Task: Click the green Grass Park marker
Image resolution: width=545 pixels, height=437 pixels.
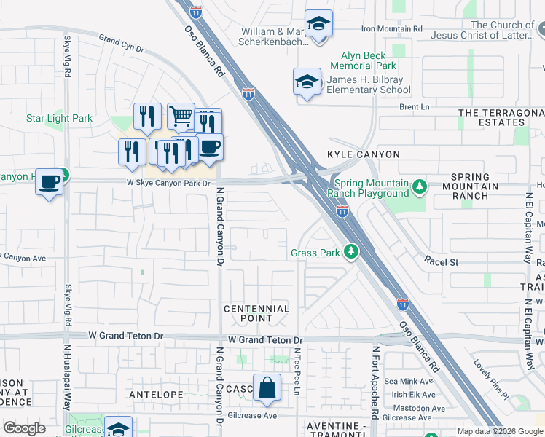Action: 351,252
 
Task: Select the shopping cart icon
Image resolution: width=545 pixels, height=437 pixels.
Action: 181,116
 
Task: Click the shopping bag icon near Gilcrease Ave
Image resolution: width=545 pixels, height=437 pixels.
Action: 267,387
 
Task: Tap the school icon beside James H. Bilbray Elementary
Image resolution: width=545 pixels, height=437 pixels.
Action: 307,82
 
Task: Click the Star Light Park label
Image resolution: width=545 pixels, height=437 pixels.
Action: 60,118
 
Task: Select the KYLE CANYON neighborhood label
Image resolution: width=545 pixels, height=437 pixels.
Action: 364,154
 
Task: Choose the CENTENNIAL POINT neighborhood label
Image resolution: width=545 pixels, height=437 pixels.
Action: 256,314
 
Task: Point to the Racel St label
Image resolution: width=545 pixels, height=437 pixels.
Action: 441,261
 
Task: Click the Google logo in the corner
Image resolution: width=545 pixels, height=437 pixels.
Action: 24,428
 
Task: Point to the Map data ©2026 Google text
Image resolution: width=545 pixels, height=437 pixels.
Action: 500,431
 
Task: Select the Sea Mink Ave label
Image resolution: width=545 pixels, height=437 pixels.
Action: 409,381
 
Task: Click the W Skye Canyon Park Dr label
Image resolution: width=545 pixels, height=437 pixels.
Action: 173,184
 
